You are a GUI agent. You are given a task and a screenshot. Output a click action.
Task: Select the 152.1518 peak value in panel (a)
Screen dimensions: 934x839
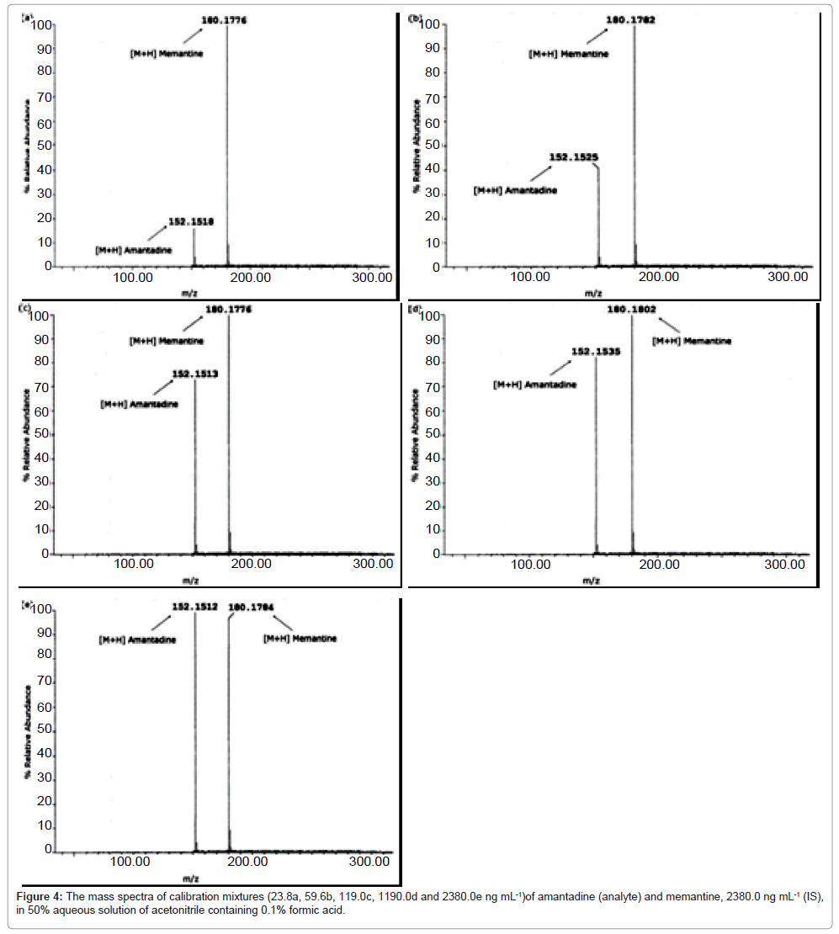coord(191,222)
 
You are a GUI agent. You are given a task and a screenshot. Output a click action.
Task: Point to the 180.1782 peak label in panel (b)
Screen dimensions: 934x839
coord(629,20)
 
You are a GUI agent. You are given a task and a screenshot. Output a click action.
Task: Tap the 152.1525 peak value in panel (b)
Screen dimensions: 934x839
coord(574,157)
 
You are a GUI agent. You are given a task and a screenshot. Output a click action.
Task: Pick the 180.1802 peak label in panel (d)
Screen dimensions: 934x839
coord(630,310)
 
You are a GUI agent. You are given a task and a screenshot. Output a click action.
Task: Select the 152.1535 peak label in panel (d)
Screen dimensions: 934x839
coord(596,352)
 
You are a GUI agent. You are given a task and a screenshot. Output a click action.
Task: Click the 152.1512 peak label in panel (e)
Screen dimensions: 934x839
coord(194,605)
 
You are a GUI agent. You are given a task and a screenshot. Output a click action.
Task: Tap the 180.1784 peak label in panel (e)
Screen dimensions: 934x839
coord(251,605)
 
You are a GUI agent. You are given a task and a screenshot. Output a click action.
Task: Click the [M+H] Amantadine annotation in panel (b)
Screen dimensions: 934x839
coord(515,191)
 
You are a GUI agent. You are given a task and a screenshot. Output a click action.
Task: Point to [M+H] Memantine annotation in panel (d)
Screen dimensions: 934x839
coord(692,341)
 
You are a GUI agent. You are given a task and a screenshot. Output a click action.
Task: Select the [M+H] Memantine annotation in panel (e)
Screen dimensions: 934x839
coord(300,639)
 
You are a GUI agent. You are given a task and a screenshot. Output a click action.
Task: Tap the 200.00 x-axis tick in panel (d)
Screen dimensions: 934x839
coord(660,565)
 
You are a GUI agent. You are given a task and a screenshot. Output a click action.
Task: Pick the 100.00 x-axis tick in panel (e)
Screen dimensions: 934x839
coord(130,861)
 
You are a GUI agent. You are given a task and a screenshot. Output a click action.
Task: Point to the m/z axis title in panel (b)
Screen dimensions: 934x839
coord(593,294)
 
